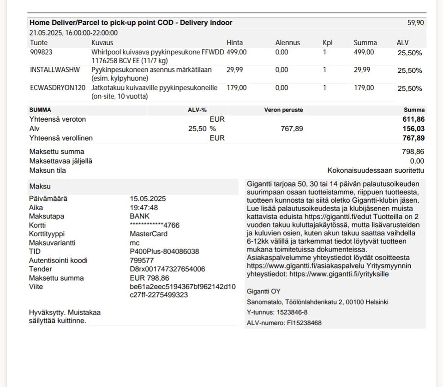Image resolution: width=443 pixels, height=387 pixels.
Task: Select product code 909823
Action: tap(41, 53)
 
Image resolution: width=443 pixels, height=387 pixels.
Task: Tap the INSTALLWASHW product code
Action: tap(55, 70)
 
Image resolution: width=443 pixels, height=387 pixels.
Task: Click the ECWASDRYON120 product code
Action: tap(58, 88)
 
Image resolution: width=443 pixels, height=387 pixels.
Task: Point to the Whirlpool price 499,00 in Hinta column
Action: tap(237, 53)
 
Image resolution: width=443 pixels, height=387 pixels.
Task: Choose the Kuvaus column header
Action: tap(102, 43)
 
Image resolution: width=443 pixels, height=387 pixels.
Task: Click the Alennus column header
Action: tap(287, 43)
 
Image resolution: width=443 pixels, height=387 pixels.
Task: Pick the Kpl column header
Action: tap(328, 43)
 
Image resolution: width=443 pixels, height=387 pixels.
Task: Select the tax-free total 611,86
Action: tap(413, 119)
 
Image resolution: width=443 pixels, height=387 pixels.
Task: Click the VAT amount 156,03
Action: tap(413, 129)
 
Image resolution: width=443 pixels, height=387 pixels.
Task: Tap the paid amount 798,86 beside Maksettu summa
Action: tap(413, 152)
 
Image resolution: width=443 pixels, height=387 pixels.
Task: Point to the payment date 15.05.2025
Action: tap(148, 199)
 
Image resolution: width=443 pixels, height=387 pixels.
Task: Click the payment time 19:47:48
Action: tap(144, 208)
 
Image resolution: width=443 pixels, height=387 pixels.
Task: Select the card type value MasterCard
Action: tap(149, 234)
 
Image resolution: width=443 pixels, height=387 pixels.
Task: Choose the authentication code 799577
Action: tap(142, 260)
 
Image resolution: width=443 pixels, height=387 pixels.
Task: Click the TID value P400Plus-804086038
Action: tap(164, 252)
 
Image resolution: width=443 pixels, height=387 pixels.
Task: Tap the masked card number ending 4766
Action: tap(155, 225)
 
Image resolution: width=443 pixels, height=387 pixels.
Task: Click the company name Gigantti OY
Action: tap(263, 291)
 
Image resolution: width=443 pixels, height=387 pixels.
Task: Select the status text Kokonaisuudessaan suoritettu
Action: tap(376, 170)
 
